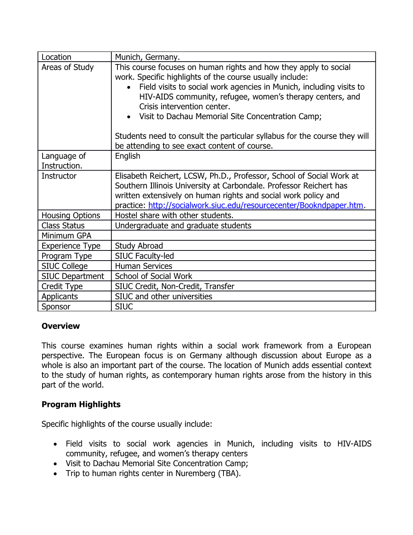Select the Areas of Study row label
tap(68, 67)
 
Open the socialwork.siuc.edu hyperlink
tap(255, 205)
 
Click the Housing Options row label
tap(71, 216)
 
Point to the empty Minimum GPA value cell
tap(243, 235)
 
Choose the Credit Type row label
tap(62, 287)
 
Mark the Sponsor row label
tap(56, 307)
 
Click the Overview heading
tap(61, 326)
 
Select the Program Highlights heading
tap(81, 404)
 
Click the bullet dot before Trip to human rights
tap(55, 474)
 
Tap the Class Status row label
tap(63, 226)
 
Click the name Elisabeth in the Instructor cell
tap(132, 176)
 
